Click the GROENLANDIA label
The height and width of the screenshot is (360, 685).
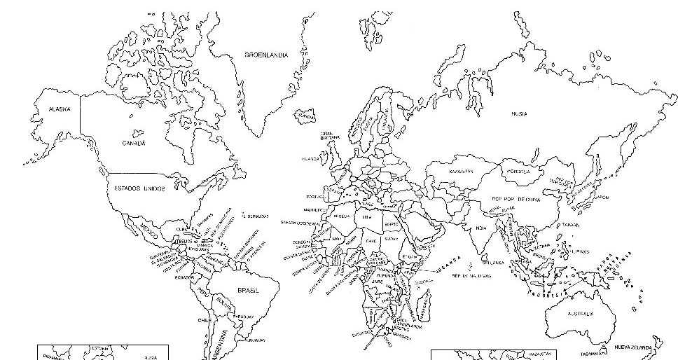tap(266, 54)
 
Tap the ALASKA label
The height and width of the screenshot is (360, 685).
tap(59, 109)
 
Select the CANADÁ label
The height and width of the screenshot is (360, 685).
tap(133, 143)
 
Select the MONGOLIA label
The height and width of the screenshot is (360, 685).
tap(518, 170)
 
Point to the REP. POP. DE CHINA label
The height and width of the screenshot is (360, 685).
tap(516, 200)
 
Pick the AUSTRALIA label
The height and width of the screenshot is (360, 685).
tap(581, 313)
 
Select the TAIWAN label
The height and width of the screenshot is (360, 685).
tap(571, 225)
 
